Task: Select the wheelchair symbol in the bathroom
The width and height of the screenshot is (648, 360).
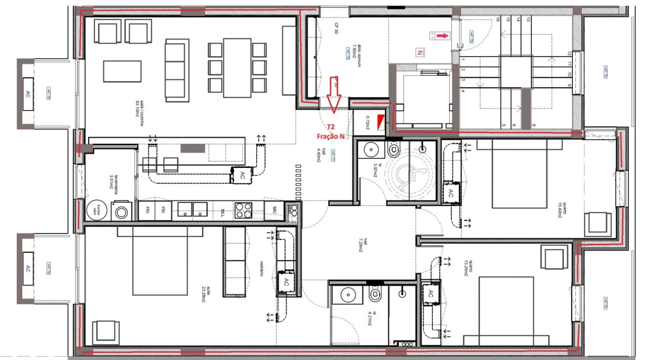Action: pyautogui.click(x=409, y=175)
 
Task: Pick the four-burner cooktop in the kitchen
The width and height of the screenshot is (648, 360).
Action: pyautogui.click(x=244, y=210)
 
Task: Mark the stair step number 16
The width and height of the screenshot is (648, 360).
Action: pyautogui.click(x=498, y=19)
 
